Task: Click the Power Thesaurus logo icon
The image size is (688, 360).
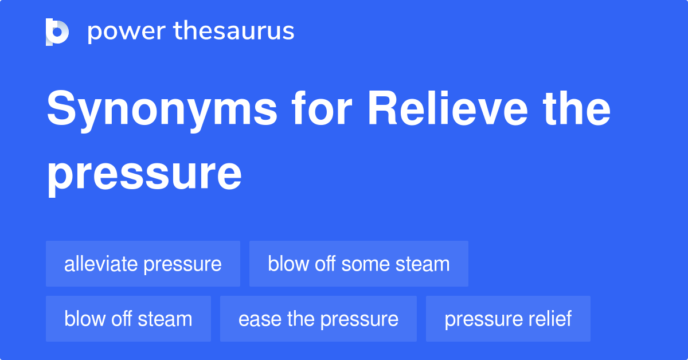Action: click(57, 32)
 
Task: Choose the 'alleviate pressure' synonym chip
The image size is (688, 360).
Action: click(143, 264)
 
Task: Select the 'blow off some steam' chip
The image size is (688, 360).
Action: click(358, 264)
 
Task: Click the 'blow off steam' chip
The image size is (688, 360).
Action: click(128, 319)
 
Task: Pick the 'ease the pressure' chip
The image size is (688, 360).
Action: click(318, 319)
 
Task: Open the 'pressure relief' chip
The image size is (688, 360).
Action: click(508, 319)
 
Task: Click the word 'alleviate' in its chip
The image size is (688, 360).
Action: click(101, 264)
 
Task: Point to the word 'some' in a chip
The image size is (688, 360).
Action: click(366, 264)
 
